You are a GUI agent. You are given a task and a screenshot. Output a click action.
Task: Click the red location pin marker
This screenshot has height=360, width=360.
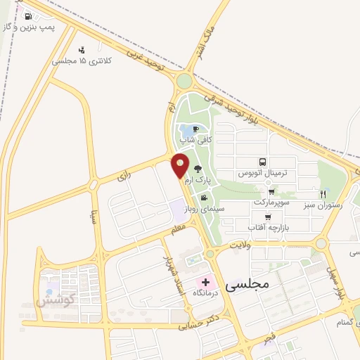(180, 165)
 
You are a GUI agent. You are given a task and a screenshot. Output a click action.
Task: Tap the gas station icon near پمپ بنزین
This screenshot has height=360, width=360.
(27, 15)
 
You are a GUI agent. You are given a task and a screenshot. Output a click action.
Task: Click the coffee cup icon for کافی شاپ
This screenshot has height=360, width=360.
(196, 128)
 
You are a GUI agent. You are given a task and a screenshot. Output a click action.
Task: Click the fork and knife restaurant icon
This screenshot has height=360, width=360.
(323, 193)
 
